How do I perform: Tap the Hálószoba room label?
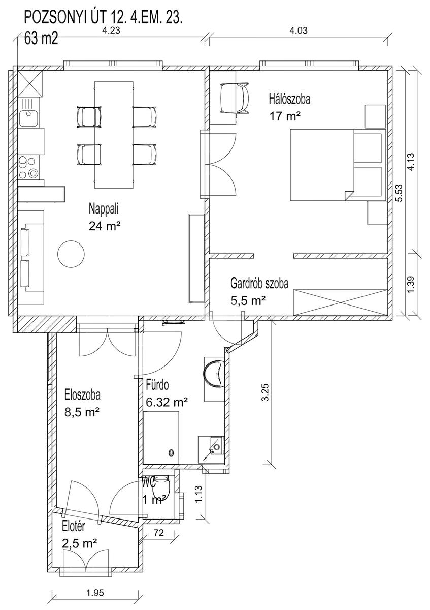pyautogui.click(x=290, y=99)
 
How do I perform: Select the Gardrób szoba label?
pyautogui.click(x=259, y=284)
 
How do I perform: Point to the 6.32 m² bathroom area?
pyautogui.click(x=167, y=402)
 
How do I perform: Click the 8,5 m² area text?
pyautogui.click(x=81, y=413)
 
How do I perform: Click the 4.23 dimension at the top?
pyautogui.click(x=111, y=30)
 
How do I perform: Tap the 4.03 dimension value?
pyautogui.click(x=299, y=30)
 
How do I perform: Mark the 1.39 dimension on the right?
pyautogui.click(x=411, y=285)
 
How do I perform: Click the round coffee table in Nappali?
pyautogui.click(x=71, y=254)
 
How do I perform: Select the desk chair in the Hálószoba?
pyautogui.click(x=235, y=98)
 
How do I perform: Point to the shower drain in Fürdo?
pyautogui.click(x=171, y=453)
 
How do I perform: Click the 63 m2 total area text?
pyautogui.click(x=41, y=39)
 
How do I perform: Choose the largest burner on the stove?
pyautogui.click(x=34, y=173)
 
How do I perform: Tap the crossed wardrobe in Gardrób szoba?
pyautogui.click(x=340, y=302)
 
